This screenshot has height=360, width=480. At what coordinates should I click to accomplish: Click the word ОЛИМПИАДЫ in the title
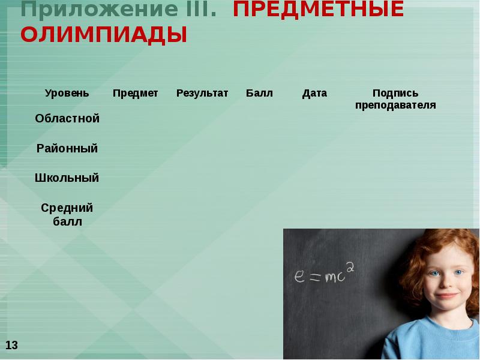(x=103, y=35)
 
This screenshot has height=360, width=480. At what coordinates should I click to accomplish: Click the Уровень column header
(x=67, y=93)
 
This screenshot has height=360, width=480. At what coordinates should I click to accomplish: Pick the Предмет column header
(x=135, y=93)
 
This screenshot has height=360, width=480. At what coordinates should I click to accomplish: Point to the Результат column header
(x=202, y=93)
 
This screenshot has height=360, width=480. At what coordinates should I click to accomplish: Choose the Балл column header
(x=259, y=93)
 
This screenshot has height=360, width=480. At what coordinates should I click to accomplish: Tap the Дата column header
(x=314, y=93)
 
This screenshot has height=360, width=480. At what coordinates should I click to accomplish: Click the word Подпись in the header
(x=395, y=93)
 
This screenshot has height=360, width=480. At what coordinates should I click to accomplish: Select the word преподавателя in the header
(x=395, y=105)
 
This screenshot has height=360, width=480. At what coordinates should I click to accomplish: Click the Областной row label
(x=67, y=118)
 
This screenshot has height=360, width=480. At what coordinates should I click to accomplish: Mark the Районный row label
(x=67, y=148)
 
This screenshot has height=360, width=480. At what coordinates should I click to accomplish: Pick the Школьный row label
(x=67, y=178)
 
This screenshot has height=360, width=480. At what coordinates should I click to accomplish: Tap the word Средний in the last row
(x=67, y=208)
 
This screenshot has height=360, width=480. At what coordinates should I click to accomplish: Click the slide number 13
(x=12, y=345)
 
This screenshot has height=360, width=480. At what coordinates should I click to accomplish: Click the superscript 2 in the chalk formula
(x=350, y=268)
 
